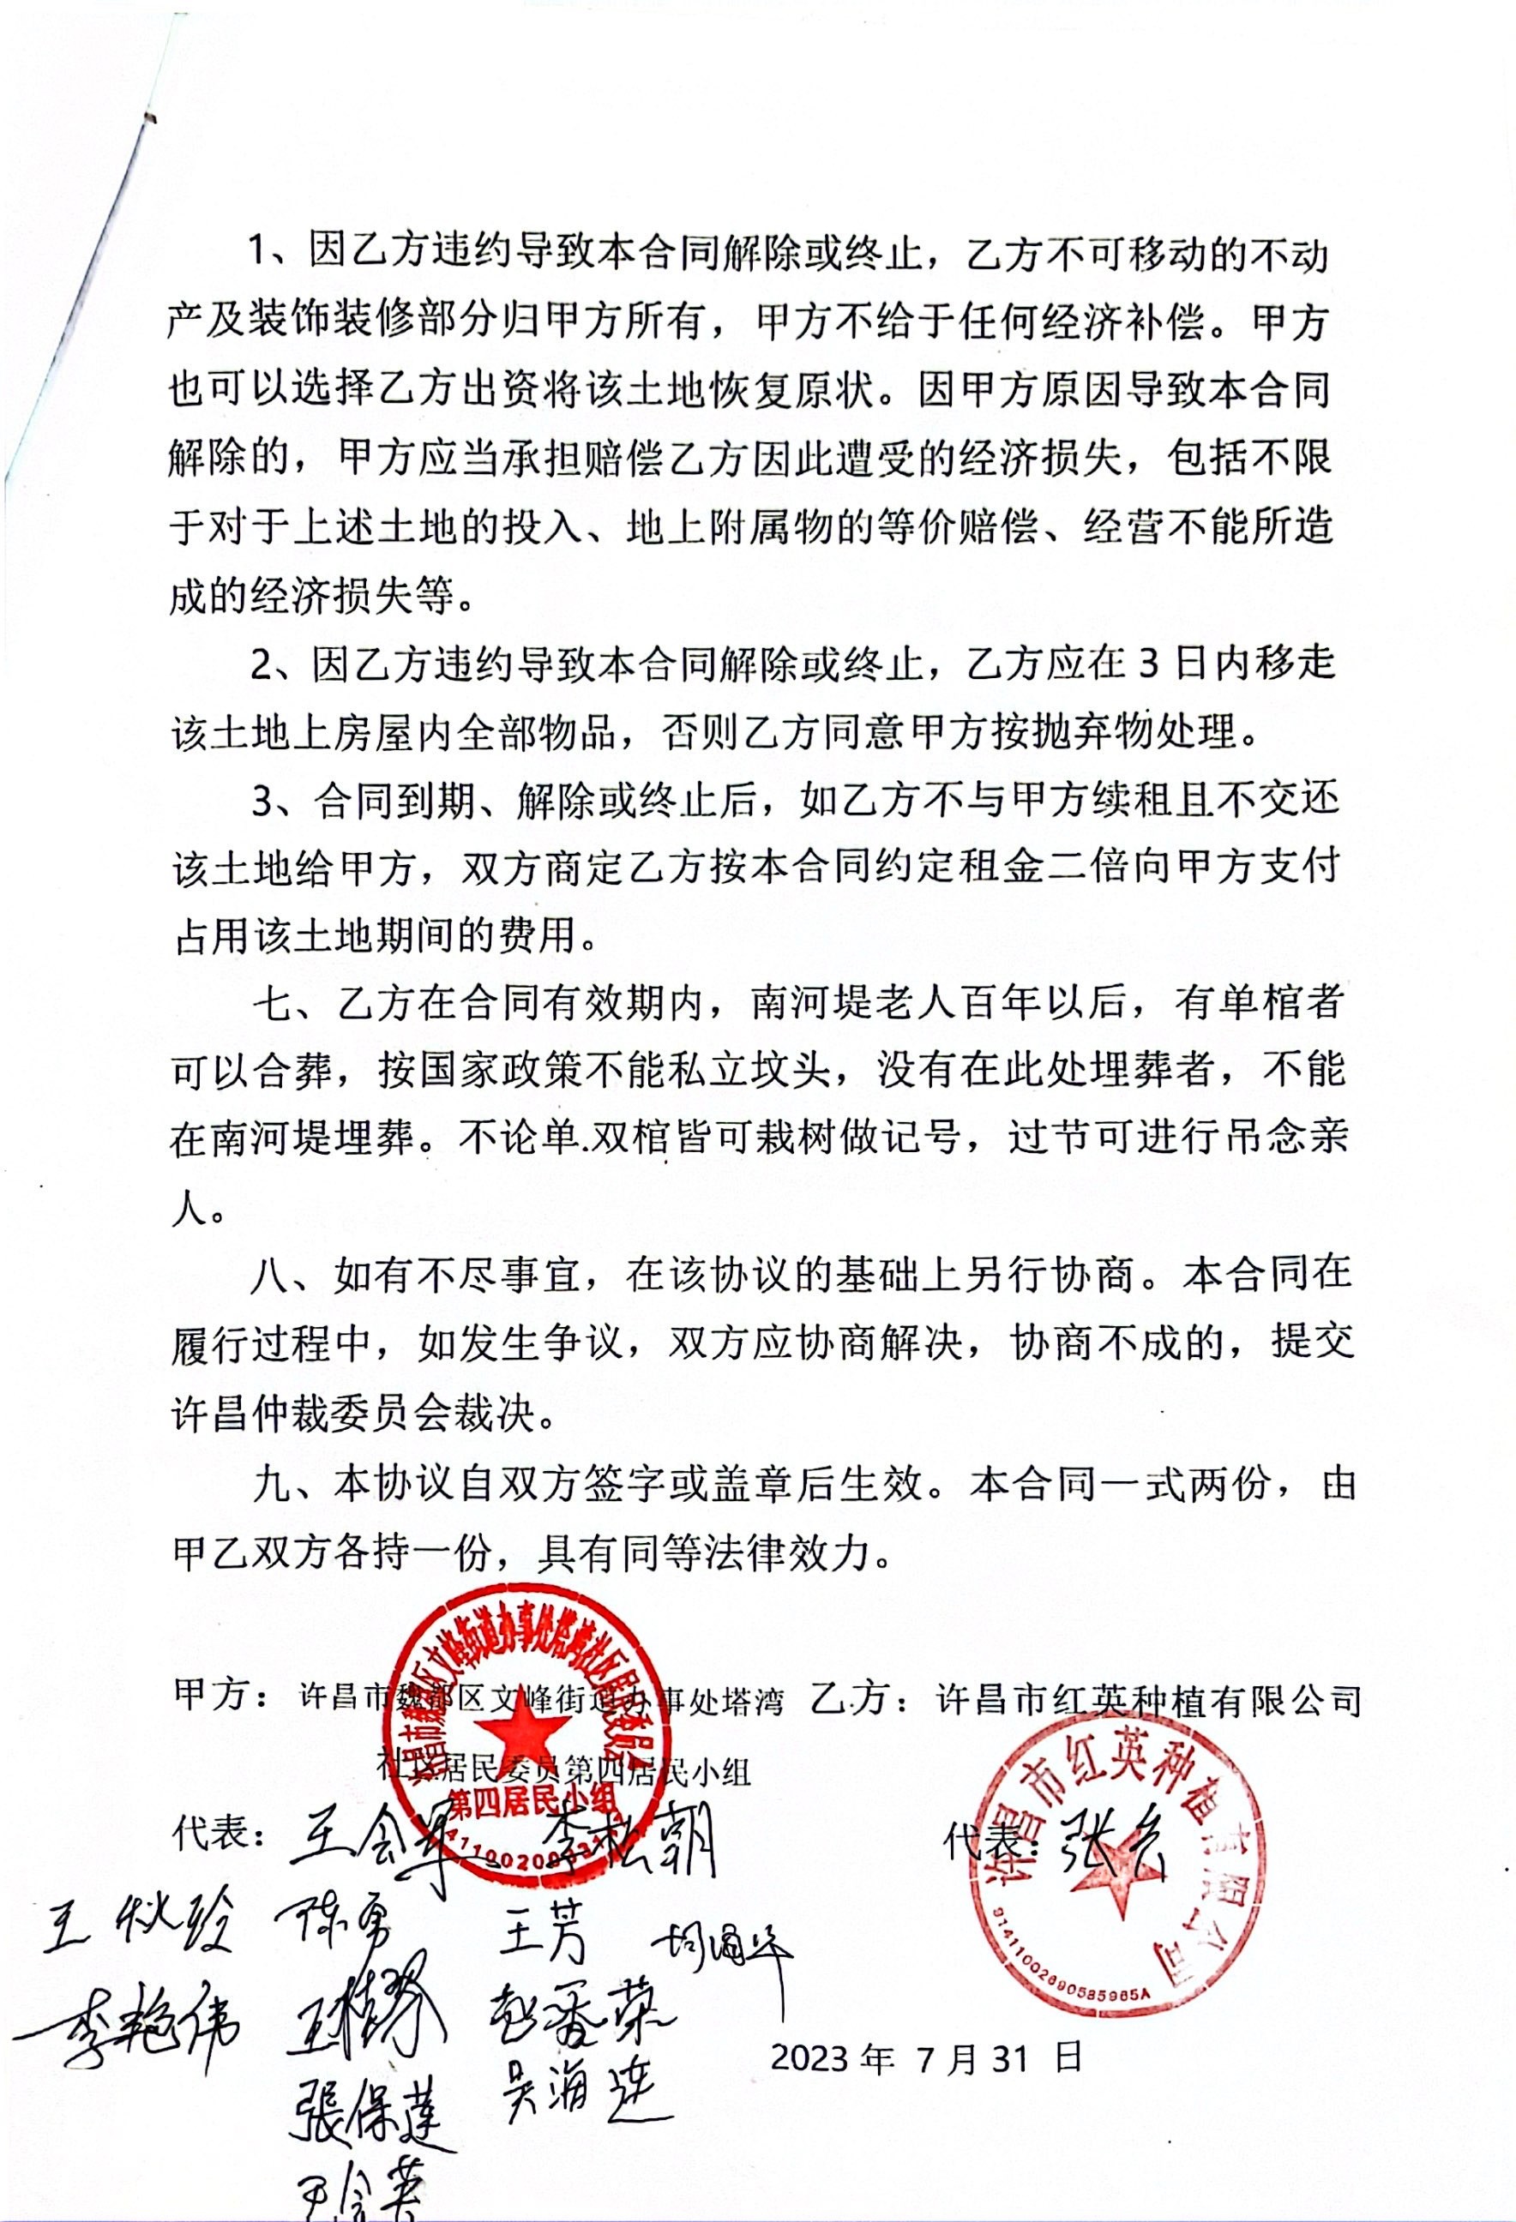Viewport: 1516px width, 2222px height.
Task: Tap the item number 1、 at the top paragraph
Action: point(273,256)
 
